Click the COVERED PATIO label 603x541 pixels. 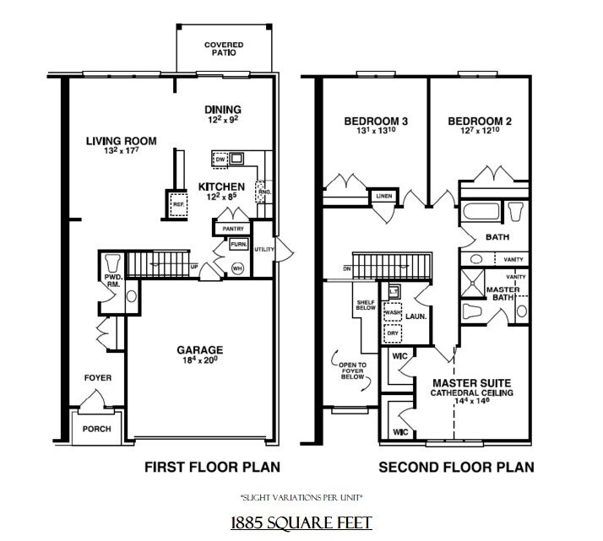click(224, 47)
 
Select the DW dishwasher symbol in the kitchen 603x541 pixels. click(220, 158)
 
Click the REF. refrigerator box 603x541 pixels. click(178, 203)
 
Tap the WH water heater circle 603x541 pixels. click(237, 268)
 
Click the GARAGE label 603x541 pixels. click(199, 349)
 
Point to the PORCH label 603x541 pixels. click(96, 429)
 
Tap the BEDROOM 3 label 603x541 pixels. click(376, 122)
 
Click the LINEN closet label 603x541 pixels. click(384, 197)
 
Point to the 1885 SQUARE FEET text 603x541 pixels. click(301, 523)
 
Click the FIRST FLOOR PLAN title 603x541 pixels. click(212, 467)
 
